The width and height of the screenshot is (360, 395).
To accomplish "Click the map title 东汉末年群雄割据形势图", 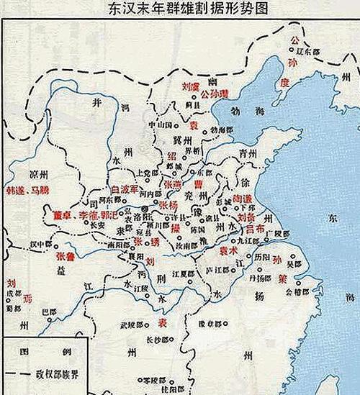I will point(179,9).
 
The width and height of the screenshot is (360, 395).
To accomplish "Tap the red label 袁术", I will point(229,251).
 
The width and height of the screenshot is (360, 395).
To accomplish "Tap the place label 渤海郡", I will point(224,130).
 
